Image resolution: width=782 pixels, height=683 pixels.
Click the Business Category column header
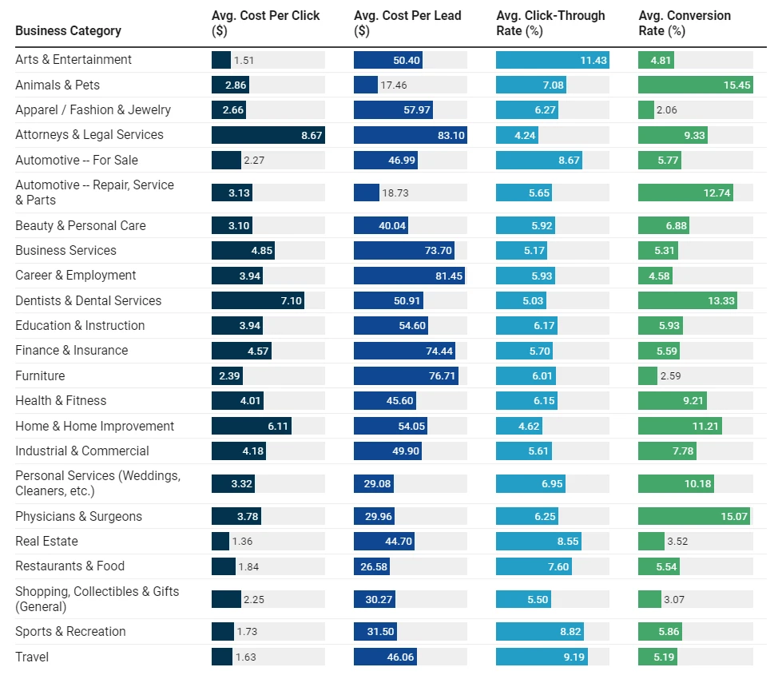(68, 30)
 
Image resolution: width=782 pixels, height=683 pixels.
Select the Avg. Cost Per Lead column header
(407, 23)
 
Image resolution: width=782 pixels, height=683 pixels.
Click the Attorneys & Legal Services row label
(89, 135)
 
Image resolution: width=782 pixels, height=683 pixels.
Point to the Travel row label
(32, 657)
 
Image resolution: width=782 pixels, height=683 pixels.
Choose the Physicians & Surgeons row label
(78, 516)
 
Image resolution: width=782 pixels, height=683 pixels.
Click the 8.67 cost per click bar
(268, 135)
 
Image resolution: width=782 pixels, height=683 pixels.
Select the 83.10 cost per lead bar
(410, 135)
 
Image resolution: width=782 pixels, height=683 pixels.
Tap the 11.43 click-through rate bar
(552, 60)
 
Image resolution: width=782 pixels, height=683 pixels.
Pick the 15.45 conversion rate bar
(695, 85)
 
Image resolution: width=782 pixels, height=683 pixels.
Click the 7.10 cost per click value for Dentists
(290, 300)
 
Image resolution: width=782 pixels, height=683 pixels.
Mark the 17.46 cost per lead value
(393, 85)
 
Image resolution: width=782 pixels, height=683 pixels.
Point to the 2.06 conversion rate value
(666, 110)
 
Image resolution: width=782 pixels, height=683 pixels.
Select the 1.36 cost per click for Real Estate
(241, 541)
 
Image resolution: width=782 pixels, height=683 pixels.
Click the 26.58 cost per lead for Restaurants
(371, 566)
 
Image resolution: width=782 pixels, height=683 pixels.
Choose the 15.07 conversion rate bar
(694, 516)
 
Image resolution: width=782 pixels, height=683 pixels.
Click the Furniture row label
(40, 375)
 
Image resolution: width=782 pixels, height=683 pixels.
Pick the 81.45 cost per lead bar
(409, 276)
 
